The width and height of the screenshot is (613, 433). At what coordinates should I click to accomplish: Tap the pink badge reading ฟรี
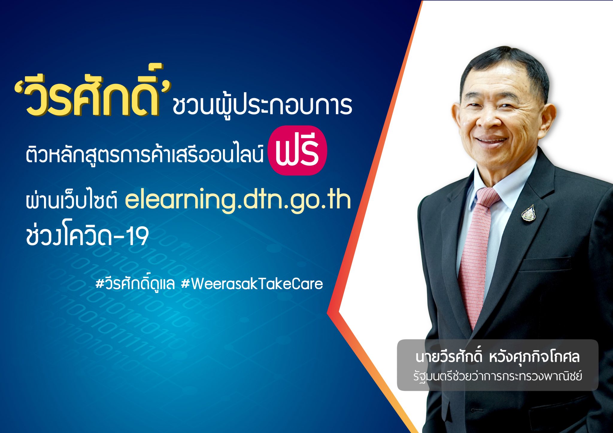[297, 150]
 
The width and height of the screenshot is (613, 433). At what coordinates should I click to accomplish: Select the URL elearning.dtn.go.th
[238, 199]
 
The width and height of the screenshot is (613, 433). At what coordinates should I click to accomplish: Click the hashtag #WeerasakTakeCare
[252, 284]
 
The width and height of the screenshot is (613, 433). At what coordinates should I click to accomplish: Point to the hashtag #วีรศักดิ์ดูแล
[135, 284]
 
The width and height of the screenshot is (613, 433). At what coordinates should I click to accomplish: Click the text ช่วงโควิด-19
[87, 236]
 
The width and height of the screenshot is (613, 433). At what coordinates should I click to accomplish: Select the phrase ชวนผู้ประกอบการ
[262, 105]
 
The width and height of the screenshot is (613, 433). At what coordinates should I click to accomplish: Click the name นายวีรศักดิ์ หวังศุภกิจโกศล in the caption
[497, 357]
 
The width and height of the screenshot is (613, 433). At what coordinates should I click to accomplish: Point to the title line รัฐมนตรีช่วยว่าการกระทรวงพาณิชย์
[497, 376]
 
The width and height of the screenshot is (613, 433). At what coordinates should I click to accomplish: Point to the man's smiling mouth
[492, 140]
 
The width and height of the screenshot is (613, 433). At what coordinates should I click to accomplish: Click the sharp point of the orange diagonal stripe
[328, 313]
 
